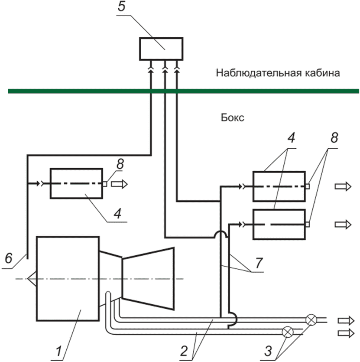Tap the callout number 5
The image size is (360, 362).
[121, 7]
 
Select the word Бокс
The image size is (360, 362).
[232, 118]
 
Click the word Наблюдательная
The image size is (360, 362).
[259, 73]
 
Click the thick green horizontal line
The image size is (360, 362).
[183, 91]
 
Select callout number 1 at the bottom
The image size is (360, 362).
[58, 351]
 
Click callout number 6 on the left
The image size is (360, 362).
[9, 258]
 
